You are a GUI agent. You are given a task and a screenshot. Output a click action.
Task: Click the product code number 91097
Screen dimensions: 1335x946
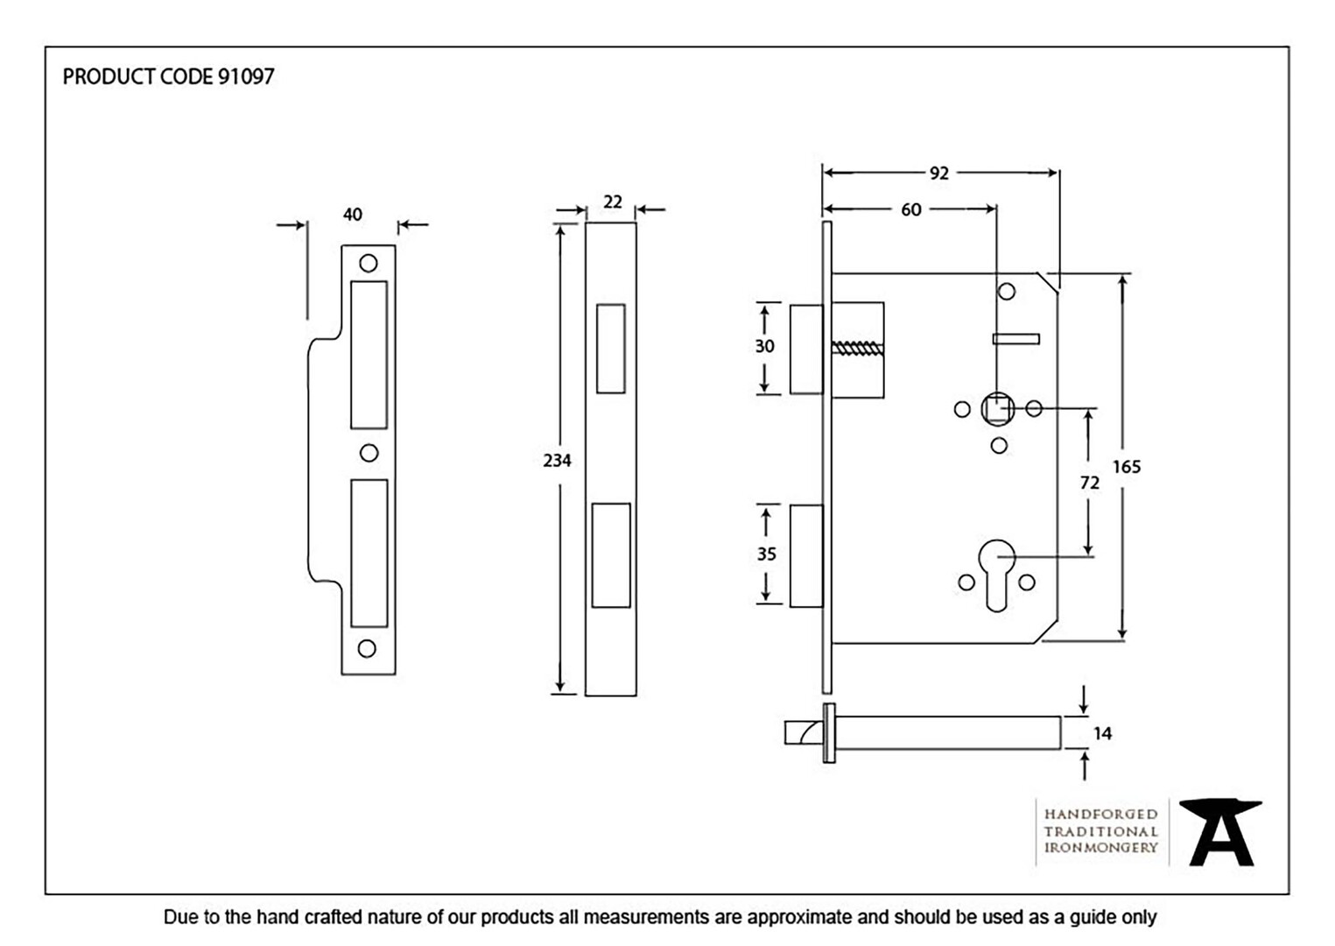(245, 77)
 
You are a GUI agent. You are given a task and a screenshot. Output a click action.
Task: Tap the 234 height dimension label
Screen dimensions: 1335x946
(557, 461)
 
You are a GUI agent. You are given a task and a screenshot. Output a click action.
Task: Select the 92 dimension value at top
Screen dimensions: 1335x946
(938, 173)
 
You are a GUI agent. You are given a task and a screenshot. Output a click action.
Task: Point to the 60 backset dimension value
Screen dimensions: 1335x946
(910, 209)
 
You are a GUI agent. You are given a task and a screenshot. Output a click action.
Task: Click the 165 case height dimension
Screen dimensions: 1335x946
(1127, 467)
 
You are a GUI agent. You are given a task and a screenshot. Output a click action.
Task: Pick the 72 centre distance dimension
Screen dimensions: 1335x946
(1090, 483)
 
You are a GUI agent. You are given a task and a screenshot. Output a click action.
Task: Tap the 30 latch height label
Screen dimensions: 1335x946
(764, 346)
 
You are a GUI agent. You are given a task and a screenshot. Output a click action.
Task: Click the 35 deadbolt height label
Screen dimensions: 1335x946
(767, 554)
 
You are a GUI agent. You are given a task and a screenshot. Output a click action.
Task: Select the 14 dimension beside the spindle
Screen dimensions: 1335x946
(1102, 734)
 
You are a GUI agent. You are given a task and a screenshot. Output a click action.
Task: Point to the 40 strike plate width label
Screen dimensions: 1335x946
(352, 214)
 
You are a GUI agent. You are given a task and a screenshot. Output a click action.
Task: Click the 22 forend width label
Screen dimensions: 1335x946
(613, 202)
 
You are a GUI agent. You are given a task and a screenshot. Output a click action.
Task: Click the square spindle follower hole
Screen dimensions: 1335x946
(997, 409)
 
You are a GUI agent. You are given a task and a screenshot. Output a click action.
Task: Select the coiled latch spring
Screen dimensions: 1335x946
(857, 349)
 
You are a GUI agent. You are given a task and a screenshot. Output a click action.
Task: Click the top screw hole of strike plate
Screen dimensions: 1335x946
(369, 263)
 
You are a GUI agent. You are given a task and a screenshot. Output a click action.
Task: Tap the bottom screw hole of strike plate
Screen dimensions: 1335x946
(367, 648)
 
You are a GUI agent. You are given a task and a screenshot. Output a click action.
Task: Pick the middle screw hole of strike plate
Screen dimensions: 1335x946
(369, 453)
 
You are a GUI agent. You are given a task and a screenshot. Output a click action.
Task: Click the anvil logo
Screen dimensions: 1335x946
(1220, 833)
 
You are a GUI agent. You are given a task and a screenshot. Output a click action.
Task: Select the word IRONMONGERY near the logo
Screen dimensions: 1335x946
(1100, 848)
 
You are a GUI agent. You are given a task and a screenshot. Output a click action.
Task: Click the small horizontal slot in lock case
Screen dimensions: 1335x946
(1016, 339)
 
